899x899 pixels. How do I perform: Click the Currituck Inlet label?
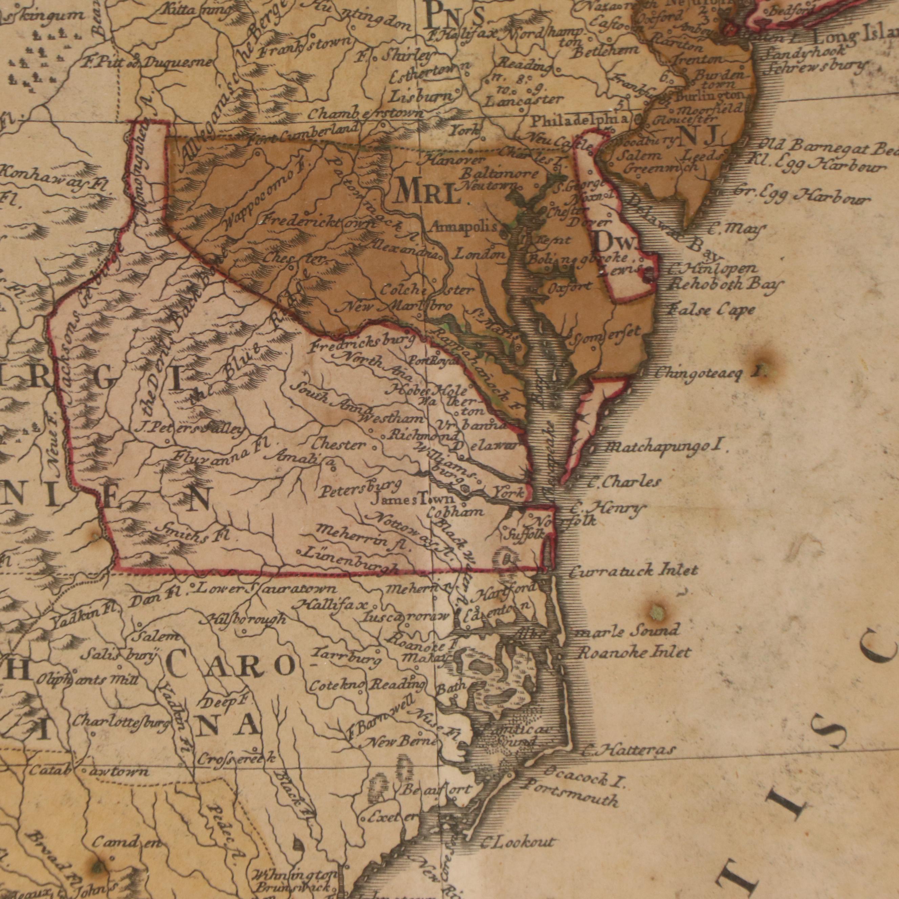(634, 570)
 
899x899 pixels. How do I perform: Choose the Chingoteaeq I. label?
(709, 373)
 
